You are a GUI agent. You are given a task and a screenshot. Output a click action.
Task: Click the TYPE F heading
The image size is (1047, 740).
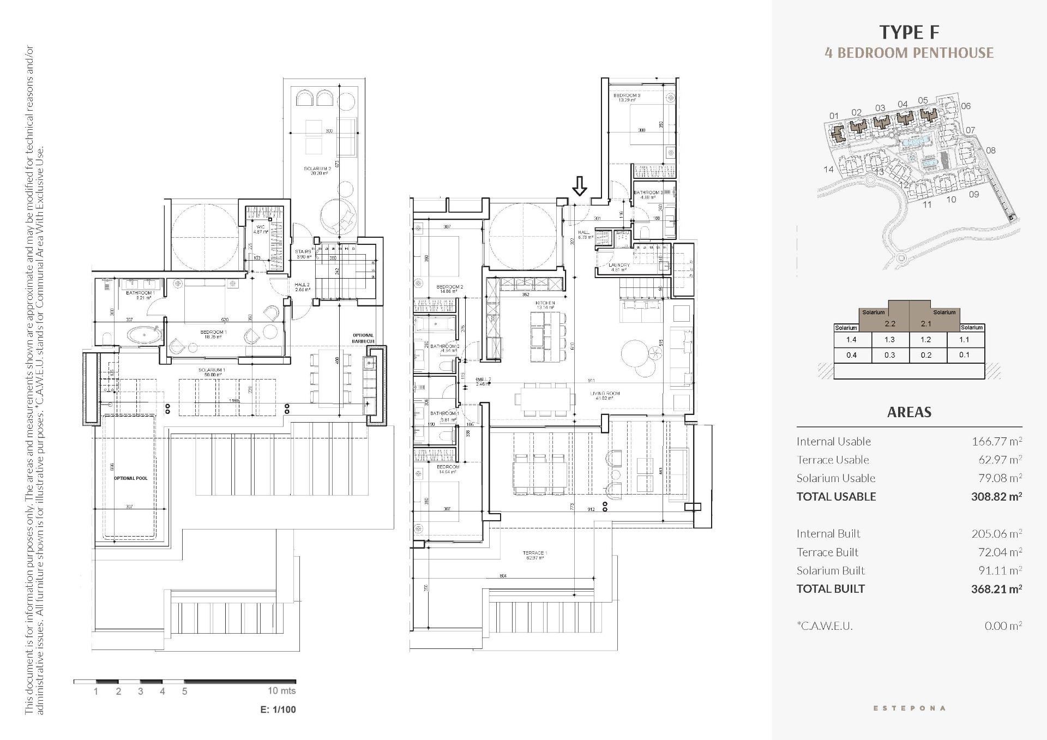point(909,33)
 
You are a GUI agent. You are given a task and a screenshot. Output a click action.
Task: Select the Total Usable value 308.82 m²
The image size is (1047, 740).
point(996,497)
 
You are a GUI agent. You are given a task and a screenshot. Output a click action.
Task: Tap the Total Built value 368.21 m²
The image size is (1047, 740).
point(996,589)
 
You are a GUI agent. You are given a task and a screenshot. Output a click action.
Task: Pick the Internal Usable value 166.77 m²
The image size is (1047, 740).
point(997,442)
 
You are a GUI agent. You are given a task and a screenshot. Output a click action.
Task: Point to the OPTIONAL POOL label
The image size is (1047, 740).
point(131,478)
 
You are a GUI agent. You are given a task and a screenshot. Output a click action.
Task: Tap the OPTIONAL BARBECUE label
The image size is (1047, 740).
point(363,338)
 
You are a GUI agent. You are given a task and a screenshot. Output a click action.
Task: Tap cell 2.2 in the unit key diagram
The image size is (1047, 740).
point(890,323)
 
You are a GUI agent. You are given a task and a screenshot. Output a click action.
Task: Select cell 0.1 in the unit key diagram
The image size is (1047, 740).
point(964,355)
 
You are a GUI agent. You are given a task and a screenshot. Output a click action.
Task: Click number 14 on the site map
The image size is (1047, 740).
point(828,170)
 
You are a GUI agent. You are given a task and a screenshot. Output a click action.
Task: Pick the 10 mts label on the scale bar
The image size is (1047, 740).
point(281,691)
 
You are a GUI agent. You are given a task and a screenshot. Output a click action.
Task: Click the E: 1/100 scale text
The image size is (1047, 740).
point(278,709)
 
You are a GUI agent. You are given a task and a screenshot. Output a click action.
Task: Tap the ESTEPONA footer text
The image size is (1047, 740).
point(909,708)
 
